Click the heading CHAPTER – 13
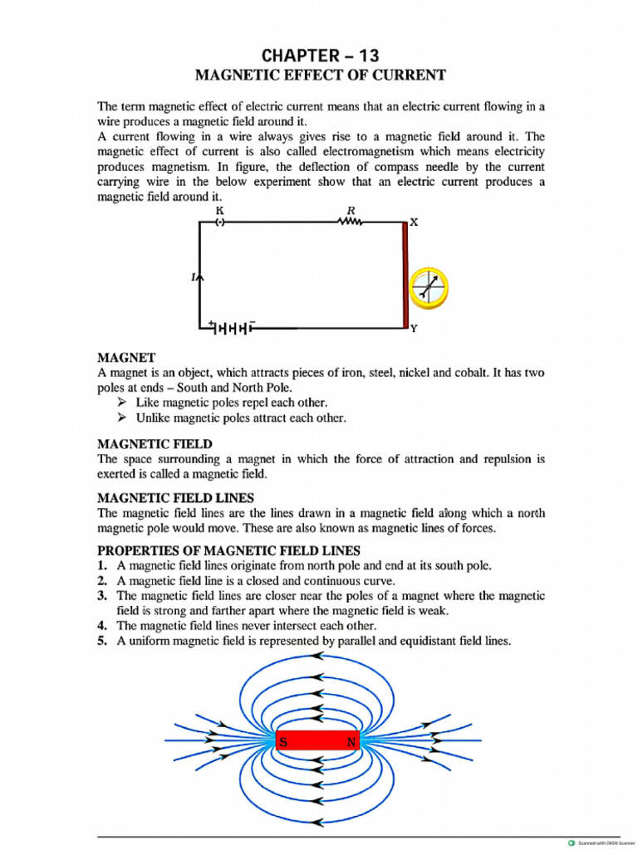tap(320, 56)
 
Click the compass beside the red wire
tap(429, 286)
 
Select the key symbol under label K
tap(220, 222)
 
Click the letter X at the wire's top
tap(414, 222)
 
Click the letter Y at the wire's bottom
tap(414, 329)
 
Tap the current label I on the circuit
tap(194, 277)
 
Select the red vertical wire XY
tap(405, 275)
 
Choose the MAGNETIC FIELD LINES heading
tap(175, 498)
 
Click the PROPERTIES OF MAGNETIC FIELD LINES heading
tap(228, 550)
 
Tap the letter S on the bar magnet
tap(283, 743)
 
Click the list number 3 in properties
tap(102, 596)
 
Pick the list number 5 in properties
tap(102, 641)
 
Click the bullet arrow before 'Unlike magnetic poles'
tap(122, 418)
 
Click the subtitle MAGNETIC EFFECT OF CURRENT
tap(320, 76)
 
